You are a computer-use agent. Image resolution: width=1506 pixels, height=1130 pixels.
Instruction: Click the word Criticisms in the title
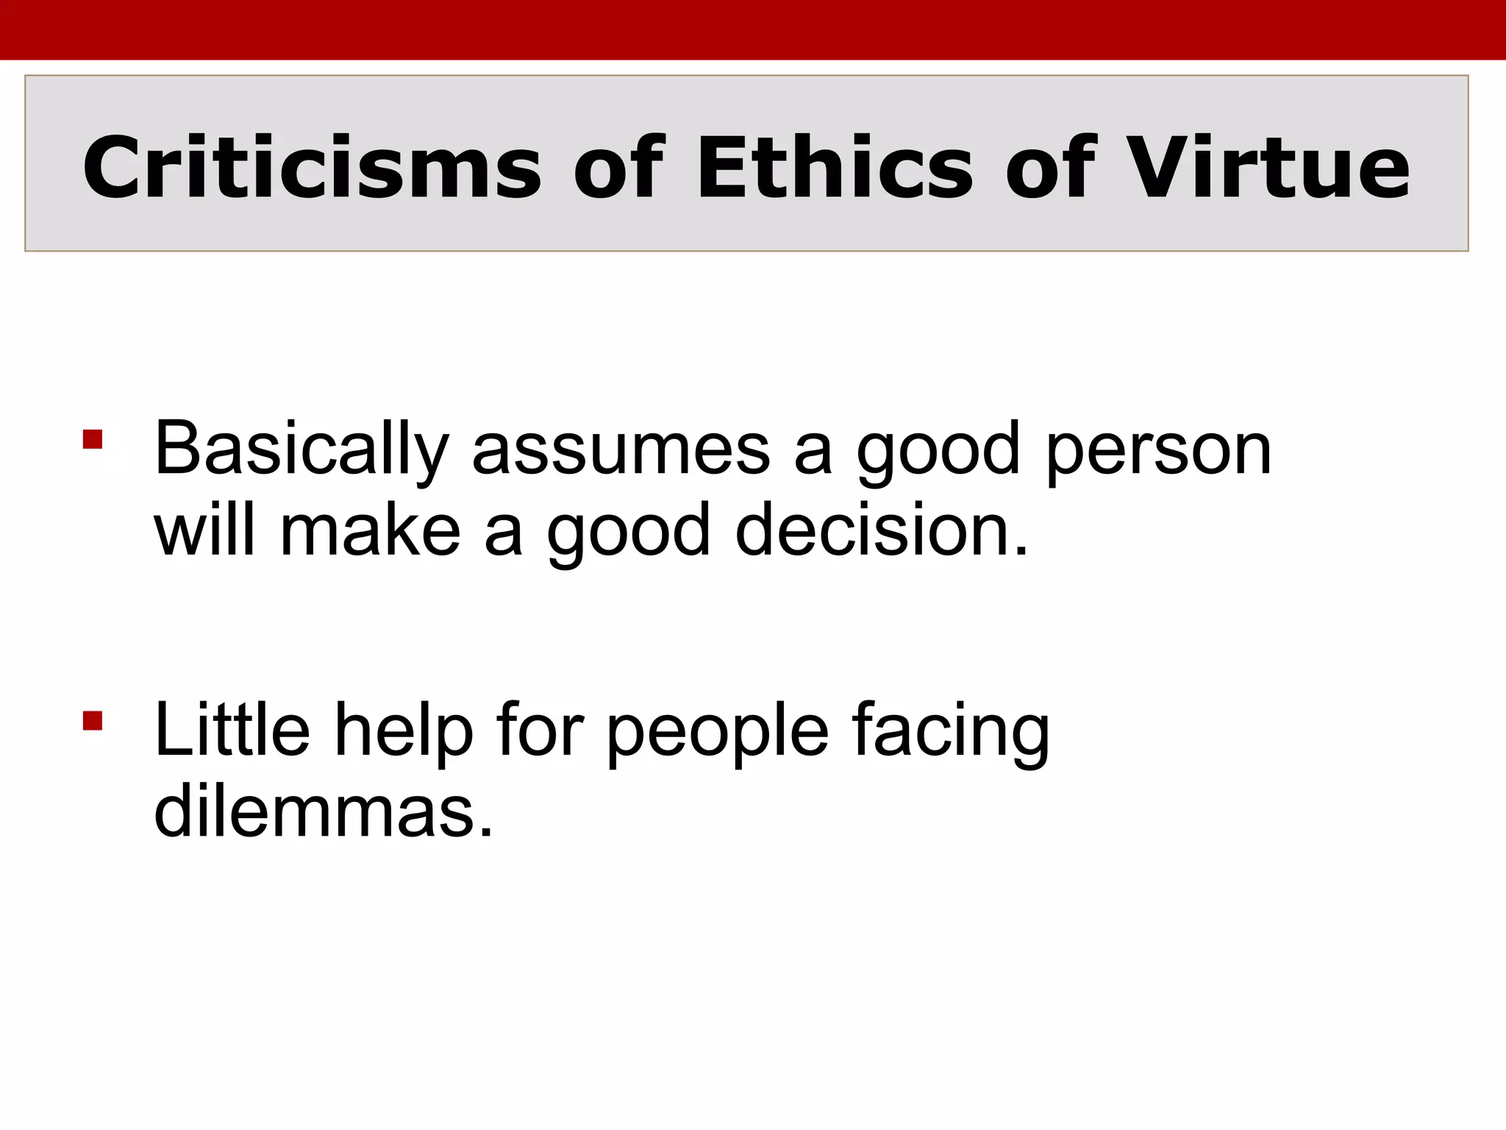click(x=312, y=168)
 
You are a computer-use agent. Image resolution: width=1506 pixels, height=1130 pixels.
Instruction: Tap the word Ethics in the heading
click(x=835, y=168)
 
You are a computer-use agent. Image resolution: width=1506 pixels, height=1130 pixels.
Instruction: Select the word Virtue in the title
click(x=1268, y=168)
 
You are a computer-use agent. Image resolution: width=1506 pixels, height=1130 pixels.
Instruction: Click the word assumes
click(x=621, y=450)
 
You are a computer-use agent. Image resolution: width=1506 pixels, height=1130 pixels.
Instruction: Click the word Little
click(x=232, y=730)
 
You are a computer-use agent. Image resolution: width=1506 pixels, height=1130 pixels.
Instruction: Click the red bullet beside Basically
click(x=93, y=440)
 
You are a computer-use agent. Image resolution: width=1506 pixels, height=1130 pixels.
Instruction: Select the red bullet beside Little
click(x=93, y=720)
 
